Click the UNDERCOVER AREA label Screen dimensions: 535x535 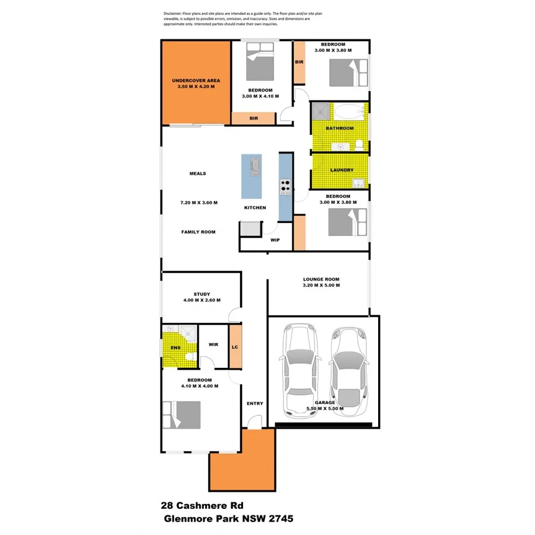[196, 80]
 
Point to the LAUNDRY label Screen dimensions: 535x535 [342, 170]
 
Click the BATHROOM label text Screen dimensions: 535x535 [340, 128]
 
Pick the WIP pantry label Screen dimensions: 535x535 [275, 241]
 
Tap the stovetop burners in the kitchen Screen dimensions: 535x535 [285, 187]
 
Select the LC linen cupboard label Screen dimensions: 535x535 [235, 347]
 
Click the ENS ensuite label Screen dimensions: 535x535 [175, 347]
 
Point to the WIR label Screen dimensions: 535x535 [214, 344]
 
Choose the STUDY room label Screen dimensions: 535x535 [202, 294]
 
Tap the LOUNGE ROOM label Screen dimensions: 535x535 [321, 279]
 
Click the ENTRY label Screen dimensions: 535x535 [254, 404]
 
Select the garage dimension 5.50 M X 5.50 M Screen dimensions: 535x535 [325, 409]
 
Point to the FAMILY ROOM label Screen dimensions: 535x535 [199, 232]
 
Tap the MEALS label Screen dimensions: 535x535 [198, 174]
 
